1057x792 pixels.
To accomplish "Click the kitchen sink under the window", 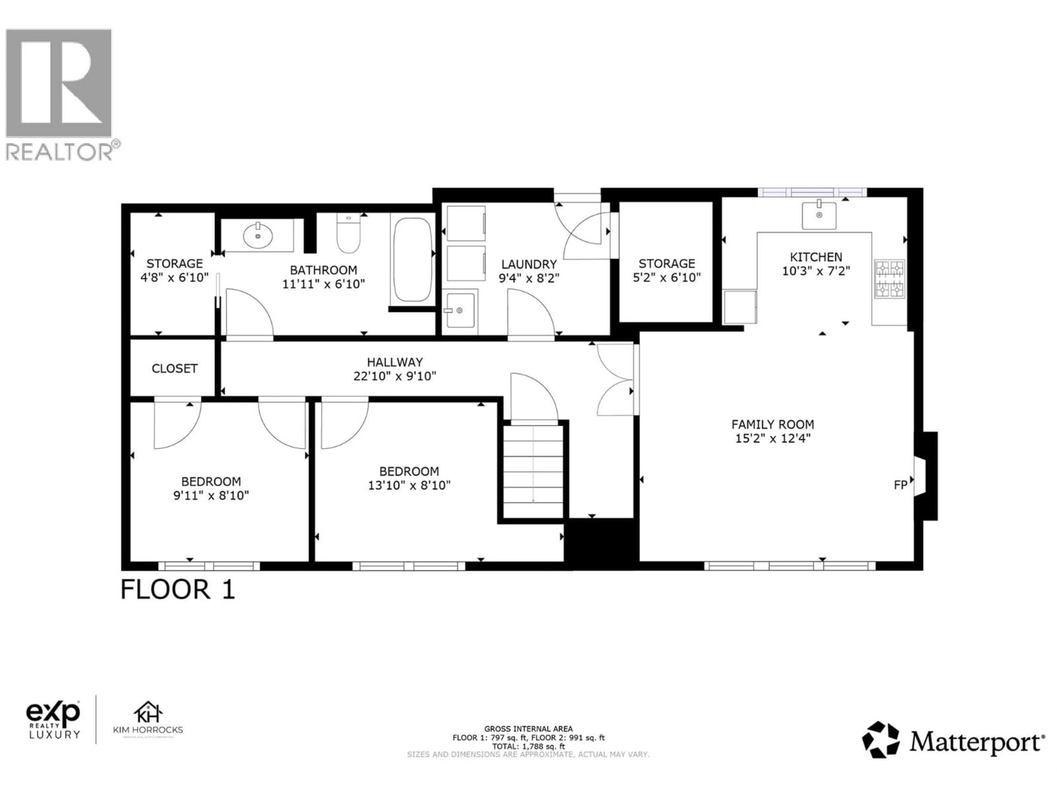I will pos(819,215).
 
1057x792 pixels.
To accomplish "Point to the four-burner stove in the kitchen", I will pos(889,279).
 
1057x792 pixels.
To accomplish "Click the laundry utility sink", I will pos(460,310).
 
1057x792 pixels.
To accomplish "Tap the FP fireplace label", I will pos(900,485).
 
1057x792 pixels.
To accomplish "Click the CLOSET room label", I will pos(175,369).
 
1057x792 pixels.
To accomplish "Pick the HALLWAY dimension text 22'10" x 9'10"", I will pos(395,376).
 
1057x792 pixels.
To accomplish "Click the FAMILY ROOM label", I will pos(773,424).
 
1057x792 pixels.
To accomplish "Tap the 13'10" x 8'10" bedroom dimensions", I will pos(409,485).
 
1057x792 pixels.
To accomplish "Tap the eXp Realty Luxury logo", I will pos(53,720).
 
